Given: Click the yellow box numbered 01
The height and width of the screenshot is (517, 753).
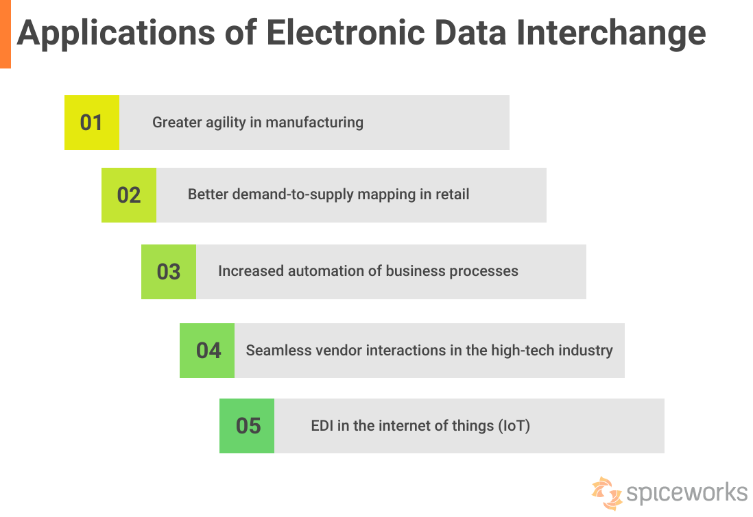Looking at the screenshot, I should pos(91,123).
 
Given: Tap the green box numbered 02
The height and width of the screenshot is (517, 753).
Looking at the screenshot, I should pos(128,195).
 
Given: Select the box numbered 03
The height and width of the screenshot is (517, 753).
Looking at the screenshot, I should pos(168,272).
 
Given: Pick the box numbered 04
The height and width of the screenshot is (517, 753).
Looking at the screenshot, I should pos(207,351).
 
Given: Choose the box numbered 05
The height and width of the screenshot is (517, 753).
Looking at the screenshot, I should pos(247,426).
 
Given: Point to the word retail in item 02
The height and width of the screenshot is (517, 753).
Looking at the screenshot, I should pos(453,194).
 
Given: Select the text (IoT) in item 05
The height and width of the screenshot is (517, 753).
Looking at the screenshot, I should pos(514,426).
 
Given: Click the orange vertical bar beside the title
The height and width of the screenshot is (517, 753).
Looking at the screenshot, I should pos(5,34).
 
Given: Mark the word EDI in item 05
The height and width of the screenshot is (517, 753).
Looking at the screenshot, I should pos(322,426).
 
